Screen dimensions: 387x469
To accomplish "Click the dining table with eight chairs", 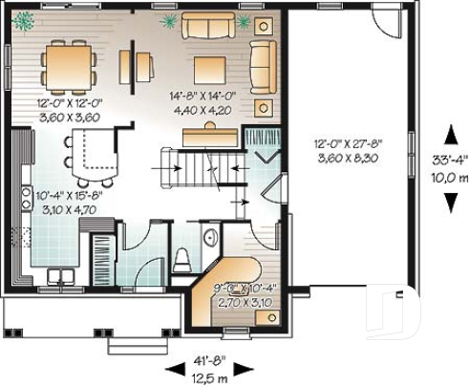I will (68, 66).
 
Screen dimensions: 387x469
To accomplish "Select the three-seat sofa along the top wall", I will (210, 25).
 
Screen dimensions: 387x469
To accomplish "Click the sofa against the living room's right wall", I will (262, 63).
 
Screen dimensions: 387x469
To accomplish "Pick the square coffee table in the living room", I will (210, 68).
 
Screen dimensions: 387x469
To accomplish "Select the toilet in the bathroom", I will (184, 258).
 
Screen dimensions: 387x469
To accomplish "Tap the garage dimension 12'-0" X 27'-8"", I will (343, 144).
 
